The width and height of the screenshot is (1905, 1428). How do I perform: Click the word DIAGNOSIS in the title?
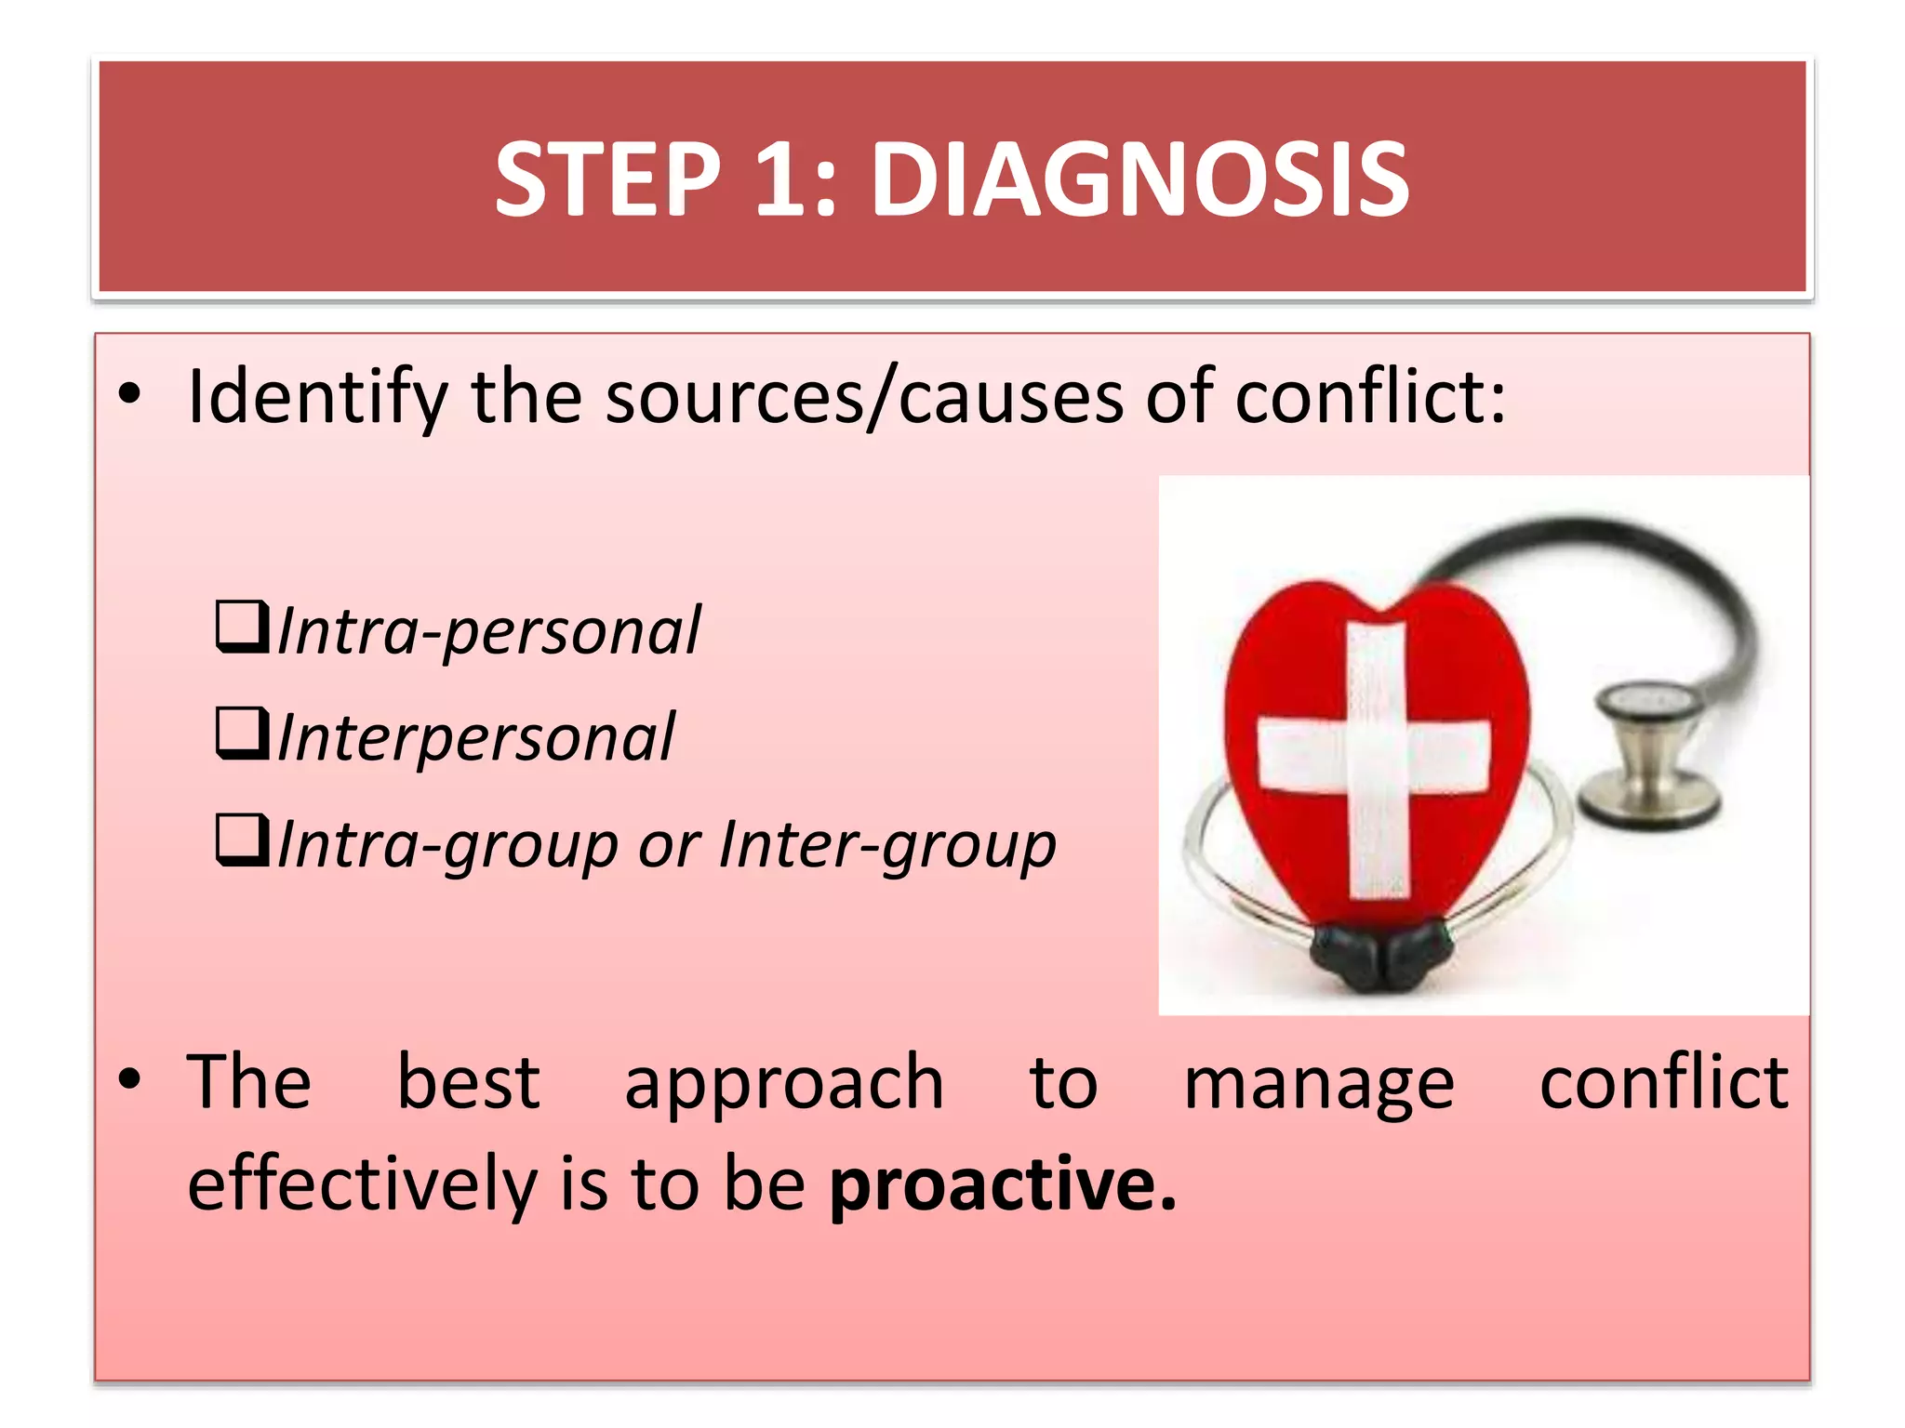coord(1139,179)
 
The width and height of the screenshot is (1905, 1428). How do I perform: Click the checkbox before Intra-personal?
coord(242,627)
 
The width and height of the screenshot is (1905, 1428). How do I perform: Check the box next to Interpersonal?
coord(242,733)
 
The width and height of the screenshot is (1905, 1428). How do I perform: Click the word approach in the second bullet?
coord(784,1084)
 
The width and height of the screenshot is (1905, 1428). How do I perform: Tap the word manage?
coord(1319,1084)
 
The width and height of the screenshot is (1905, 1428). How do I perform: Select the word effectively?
coord(362,1184)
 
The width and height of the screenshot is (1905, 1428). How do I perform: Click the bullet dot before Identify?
coord(129,395)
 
